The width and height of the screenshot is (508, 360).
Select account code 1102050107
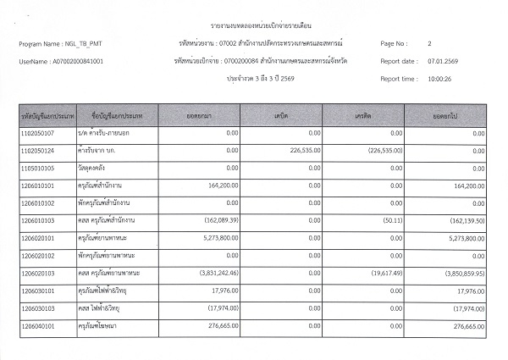click(x=39, y=133)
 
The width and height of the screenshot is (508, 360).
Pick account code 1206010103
click(x=39, y=219)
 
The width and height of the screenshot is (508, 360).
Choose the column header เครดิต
click(x=365, y=113)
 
